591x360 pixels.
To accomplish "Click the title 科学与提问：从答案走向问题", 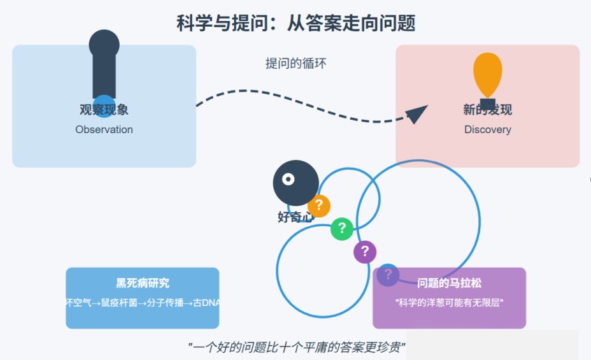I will (x=295, y=24).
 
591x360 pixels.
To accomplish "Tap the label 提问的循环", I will (x=295, y=63).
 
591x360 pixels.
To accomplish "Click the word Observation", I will (x=104, y=129).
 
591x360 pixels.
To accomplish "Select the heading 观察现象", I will (x=104, y=110).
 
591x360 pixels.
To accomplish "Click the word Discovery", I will (x=487, y=129).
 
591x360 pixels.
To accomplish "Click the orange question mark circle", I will (x=319, y=205).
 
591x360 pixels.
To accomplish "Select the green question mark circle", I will (x=342, y=228).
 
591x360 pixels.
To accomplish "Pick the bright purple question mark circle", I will (x=365, y=251).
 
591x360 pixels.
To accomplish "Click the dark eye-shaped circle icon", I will (x=295, y=183).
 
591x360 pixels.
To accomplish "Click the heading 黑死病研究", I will (x=142, y=284).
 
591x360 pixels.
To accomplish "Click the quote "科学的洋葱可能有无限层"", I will (x=450, y=303).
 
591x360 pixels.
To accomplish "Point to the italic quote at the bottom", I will (x=297, y=347).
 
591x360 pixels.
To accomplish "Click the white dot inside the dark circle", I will (x=288, y=179).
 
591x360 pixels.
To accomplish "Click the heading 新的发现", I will (x=487, y=110).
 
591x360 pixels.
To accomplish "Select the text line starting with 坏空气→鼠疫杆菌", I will (x=142, y=303).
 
